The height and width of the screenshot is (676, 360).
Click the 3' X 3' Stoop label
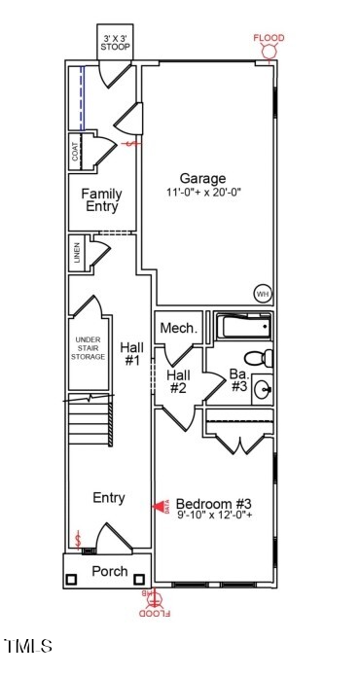click(x=116, y=42)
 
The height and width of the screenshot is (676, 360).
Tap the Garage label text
click(x=202, y=178)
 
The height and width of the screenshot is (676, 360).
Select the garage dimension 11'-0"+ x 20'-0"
click(x=202, y=193)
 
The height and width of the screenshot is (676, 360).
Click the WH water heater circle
click(x=262, y=294)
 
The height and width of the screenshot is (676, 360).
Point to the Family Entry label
click(x=101, y=200)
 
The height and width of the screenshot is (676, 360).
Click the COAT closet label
click(x=75, y=153)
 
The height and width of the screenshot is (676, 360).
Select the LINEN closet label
click(x=76, y=255)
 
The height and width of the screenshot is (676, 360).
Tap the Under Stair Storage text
click(x=89, y=349)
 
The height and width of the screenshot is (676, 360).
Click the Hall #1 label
click(x=130, y=354)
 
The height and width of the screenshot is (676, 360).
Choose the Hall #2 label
click(x=178, y=381)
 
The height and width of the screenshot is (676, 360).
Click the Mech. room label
click(x=179, y=329)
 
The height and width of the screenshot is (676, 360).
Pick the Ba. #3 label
click(x=239, y=379)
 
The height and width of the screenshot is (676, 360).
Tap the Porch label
click(x=109, y=571)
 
